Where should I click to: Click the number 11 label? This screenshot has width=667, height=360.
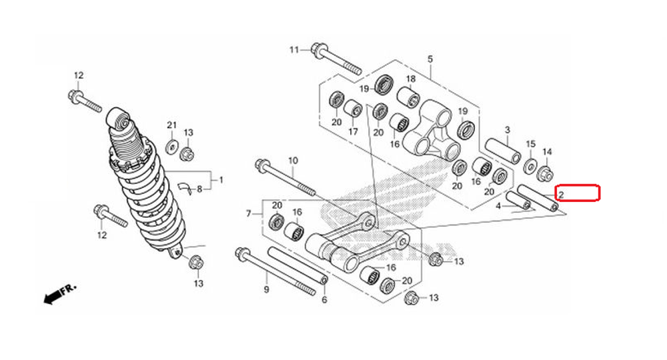[x=295, y=50]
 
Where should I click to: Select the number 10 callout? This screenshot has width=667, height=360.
[x=292, y=161]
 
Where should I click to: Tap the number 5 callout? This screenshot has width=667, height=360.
[x=430, y=59]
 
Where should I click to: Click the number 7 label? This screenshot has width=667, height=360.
[x=249, y=213]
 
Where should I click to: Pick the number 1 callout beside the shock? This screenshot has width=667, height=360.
[x=221, y=180]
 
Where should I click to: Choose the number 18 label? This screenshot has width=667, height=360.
[x=411, y=79]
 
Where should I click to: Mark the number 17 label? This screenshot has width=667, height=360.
[x=352, y=131]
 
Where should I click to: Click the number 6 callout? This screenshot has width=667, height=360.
[x=325, y=300]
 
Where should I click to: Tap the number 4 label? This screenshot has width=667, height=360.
[x=498, y=207]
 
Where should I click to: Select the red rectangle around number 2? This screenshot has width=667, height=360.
[x=578, y=193]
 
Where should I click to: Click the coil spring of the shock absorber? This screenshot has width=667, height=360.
[x=147, y=193]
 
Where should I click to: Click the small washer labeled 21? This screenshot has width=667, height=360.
[x=171, y=147]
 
